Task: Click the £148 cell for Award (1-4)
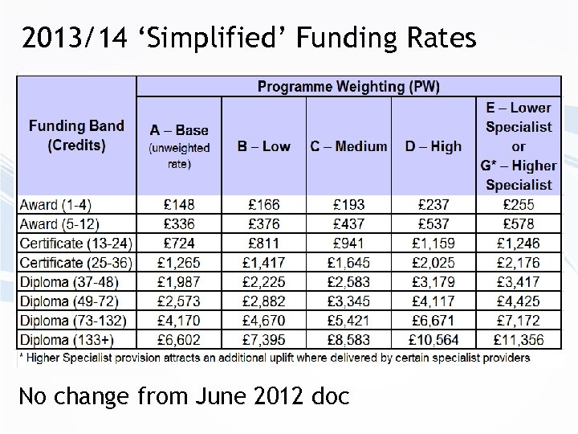click(179, 205)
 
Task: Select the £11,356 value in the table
click(519, 340)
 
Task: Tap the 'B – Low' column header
click(263, 145)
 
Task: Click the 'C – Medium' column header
click(348, 145)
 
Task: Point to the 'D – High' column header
click(434, 145)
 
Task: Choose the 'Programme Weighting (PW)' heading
click(348, 86)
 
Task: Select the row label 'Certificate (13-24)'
click(75, 244)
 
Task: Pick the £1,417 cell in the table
click(263, 263)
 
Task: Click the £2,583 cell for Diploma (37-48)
click(348, 282)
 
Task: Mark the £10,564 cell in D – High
click(434, 340)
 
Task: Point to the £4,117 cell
click(434, 301)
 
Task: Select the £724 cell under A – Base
click(179, 244)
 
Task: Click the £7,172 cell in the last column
click(519, 321)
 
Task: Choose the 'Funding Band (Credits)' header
click(77, 135)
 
